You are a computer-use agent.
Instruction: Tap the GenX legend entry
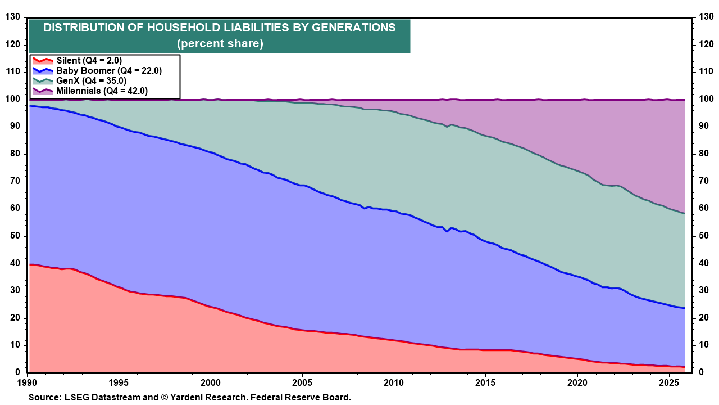tap(95, 80)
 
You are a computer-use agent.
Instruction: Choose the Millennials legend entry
tap(102, 91)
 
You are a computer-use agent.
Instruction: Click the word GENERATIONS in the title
tap(354, 28)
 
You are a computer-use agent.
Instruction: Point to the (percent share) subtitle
tap(220, 43)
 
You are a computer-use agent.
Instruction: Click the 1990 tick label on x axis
tap(28, 382)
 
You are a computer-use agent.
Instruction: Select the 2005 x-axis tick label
tap(302, 382)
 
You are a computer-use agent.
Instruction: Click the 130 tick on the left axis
tap(12, 17)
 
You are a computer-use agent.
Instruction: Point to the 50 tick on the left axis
tap(15, 236)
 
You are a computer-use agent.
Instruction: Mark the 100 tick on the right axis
tap(705, 100)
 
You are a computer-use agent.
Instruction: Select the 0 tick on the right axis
tap(700, 372)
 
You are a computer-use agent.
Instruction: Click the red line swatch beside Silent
tap(42, 61)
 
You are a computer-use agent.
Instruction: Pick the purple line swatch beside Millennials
tap(42, 91)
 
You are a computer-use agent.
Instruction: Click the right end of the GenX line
tap(684, 213)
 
